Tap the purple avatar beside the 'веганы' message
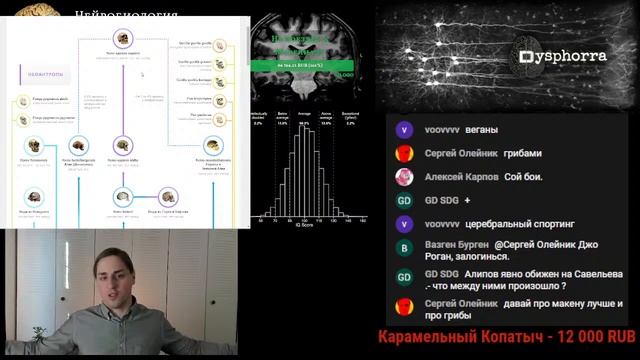404,130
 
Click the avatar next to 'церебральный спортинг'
404,224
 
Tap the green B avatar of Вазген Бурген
404,248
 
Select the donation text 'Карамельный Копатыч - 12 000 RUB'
507,338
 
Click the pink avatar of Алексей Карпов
404,177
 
